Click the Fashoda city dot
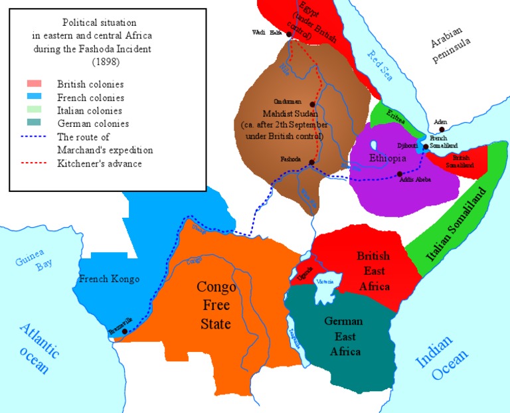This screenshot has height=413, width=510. (x=311, y=162)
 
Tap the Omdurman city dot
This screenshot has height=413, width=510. (x=311, y=104)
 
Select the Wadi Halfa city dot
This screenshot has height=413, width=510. (x=290, y=33)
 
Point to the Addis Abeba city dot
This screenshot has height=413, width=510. (x=400, y=174)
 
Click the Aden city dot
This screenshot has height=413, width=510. (x=441, y=130)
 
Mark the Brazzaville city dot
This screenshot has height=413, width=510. (x=125, y=331)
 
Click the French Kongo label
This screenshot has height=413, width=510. (x=110, y=279)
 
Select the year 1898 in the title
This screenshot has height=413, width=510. (x=107, y=62)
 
